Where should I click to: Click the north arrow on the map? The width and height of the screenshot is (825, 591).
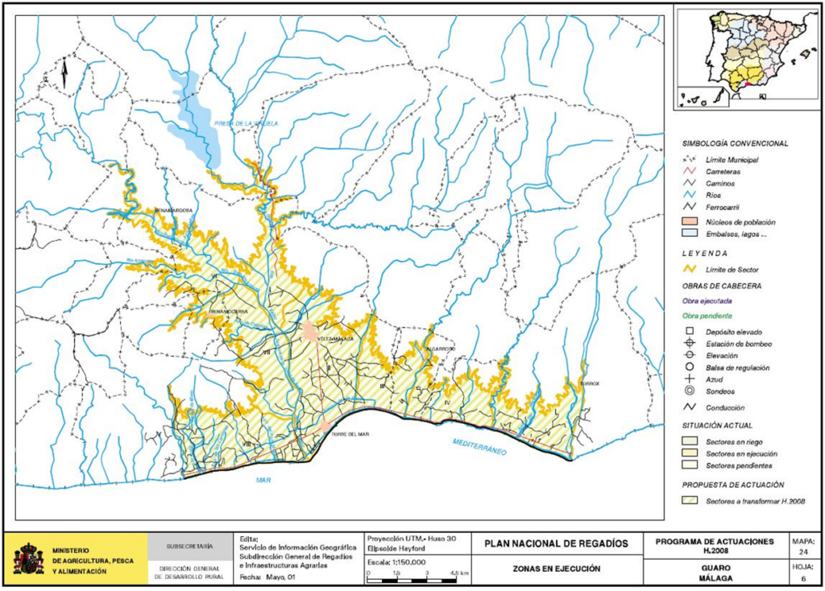(x=64, y=73)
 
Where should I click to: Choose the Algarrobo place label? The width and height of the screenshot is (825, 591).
(x=442, y=349)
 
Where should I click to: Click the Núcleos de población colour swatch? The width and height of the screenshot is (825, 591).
(x=686, y=221)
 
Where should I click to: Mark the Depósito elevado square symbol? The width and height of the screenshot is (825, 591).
(x=689, y=332)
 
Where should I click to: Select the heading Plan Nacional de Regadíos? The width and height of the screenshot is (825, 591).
(x=556, y=544)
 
